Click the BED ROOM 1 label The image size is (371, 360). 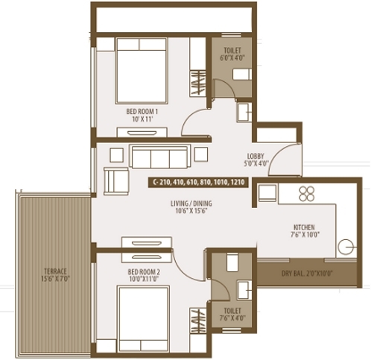[x=142, y=111]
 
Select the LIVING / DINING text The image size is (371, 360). [x=191, y=203]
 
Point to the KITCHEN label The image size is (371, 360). [x=304, y=227]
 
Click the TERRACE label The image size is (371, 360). [x=55, y=271]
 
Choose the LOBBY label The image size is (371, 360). [x=256, y=157]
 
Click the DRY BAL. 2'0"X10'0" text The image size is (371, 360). [x=307, y=274]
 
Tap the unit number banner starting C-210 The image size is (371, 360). [x=198, y=183]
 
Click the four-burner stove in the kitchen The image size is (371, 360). [x=307, y=194]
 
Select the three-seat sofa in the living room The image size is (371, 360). [x=159, y=157]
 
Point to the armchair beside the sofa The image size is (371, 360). [x=116, y=181]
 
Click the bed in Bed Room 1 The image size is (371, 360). [x=142, y=70]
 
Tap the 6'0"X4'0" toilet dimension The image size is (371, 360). [x=232, y=58]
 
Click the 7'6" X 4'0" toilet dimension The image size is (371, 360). [x=232, y=318]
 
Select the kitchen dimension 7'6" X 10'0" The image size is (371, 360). [x=305, y=234]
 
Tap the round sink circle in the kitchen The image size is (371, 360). [x=346, y=247]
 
